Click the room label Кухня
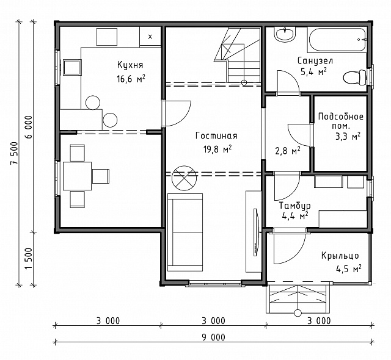pyautogui.click(x=130, y=65)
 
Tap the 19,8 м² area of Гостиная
pyautogui.click(x=217, y=149)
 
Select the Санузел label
pyautogui.click(x=315, y=60)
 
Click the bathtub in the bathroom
pyautogui.click(x=337, y=40)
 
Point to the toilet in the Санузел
pyautogui.click(x=354, y=77)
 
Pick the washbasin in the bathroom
pyautogui.click(x=285, y=34)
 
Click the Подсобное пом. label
pyautogui.click(x=341, y=121)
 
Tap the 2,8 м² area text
pyautogui.click(x=288, y=151)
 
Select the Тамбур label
pyautogui.click(x=294, y=206)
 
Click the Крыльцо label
pyautogui.click(x=340, y=256)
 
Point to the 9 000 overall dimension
pyautogui.click(x=213, y=337)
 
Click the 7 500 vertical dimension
pyautogui.click(x=14, y=153)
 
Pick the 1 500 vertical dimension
pyautogui.click(x=29, y=259)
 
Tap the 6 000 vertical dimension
pyautogui.click(x=29, y=127)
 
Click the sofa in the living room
pyautogui.click(x=185, y=232)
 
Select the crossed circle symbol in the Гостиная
pyautogui.click(x=184, y=178)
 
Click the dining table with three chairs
pyautogui.click(x=78, y=176)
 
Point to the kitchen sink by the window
pyautogui.click(x=72, y=67)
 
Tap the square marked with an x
pyautogui.click(x=150, y=37)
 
